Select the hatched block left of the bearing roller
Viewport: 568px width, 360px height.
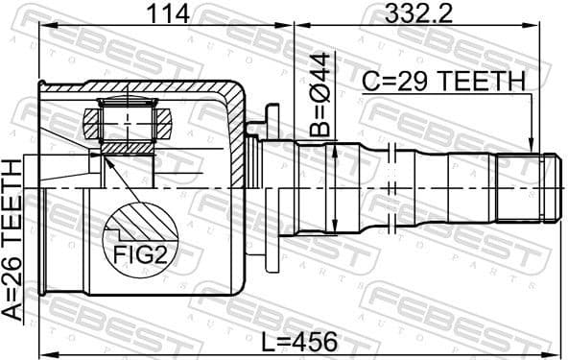click(92, 123)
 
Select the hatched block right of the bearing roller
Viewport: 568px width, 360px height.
click(164, 123)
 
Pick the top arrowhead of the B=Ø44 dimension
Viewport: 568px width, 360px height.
click(333, 147)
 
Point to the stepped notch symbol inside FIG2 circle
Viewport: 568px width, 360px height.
click(125, 230)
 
